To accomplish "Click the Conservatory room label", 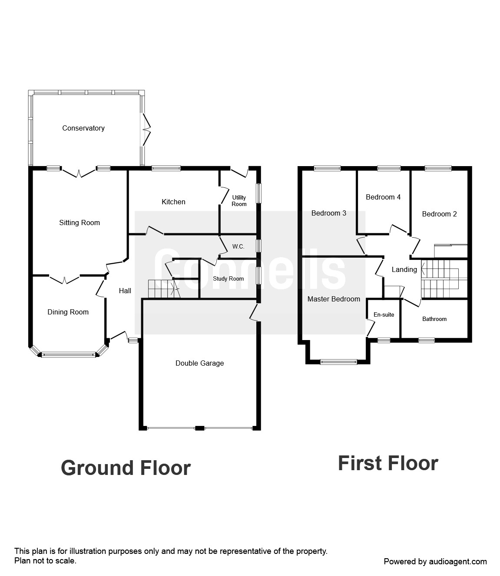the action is tap(83, 128).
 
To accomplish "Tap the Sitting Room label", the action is tap(79, 223).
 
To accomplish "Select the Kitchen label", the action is tap(173, 202).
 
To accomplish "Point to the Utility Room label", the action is tap(239, 201).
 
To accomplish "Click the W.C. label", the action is tap(238, 246).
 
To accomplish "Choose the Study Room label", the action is tap(228, 278).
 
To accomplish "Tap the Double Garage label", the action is tap(200, 363).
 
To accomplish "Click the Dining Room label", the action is tap(68, 312).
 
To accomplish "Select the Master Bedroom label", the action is tap(334, 299).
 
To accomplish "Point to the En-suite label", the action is tap(384, 314).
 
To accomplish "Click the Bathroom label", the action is tap(434, 319).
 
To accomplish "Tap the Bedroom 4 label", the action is tap(383, 197).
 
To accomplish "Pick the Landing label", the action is tap(404, 269).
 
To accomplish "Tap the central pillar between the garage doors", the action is tap(199, 428).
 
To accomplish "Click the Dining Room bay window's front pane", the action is tap(68, 355).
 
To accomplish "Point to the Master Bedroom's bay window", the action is tap(338, 362).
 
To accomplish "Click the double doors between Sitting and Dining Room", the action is tap(64, 279).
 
